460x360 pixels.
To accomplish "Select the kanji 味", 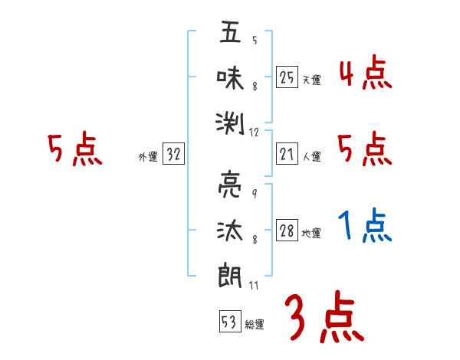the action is click(230, 77).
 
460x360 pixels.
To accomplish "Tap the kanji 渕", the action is click(230, 120).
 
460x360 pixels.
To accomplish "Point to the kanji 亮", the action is click(230, 186).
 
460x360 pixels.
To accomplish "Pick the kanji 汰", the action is click(230, 230).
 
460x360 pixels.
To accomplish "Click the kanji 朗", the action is click(230, 273).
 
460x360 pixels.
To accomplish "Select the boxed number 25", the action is click(287, 77).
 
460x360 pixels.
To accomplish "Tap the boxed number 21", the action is click(287, 154).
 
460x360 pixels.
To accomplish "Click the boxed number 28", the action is click(287, 231).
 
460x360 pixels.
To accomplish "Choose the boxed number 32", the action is click(173, 154).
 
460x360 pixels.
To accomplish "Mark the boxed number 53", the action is click(228, 321).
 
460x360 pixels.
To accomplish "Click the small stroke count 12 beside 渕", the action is click(255, 132).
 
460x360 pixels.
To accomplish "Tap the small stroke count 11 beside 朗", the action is click(255, 285).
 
